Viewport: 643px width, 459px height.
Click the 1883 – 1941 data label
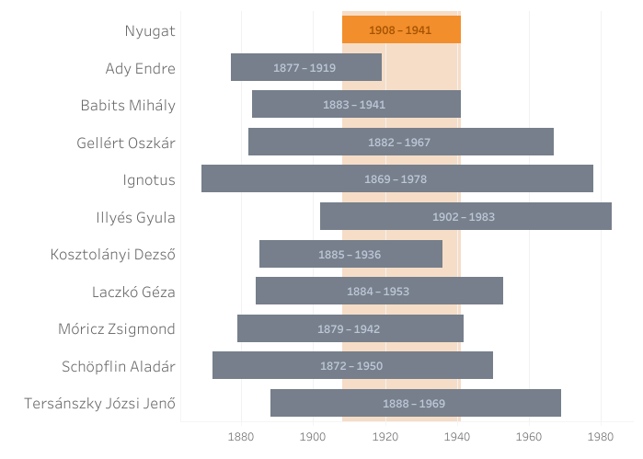click(354, 105)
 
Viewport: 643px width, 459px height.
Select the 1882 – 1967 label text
click(399, 143)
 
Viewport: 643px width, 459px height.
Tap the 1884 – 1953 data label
click(378, 292)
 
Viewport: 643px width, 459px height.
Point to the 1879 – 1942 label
click(349, 329)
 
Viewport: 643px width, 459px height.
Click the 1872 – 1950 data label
click(351, 366)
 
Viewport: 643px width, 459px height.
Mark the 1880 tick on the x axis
click(241, 435)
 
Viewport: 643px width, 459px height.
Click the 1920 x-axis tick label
click(385, 435)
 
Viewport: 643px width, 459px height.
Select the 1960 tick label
click(530, 435)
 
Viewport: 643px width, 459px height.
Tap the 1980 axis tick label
click(602, 435)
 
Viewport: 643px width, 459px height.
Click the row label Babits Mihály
click(128, 105)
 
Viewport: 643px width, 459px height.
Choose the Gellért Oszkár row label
click(126, 143)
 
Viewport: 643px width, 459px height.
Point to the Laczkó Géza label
click(133, 293)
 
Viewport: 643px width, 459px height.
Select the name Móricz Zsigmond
click(117, 329)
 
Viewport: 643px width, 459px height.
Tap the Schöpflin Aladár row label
click(119, 366)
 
